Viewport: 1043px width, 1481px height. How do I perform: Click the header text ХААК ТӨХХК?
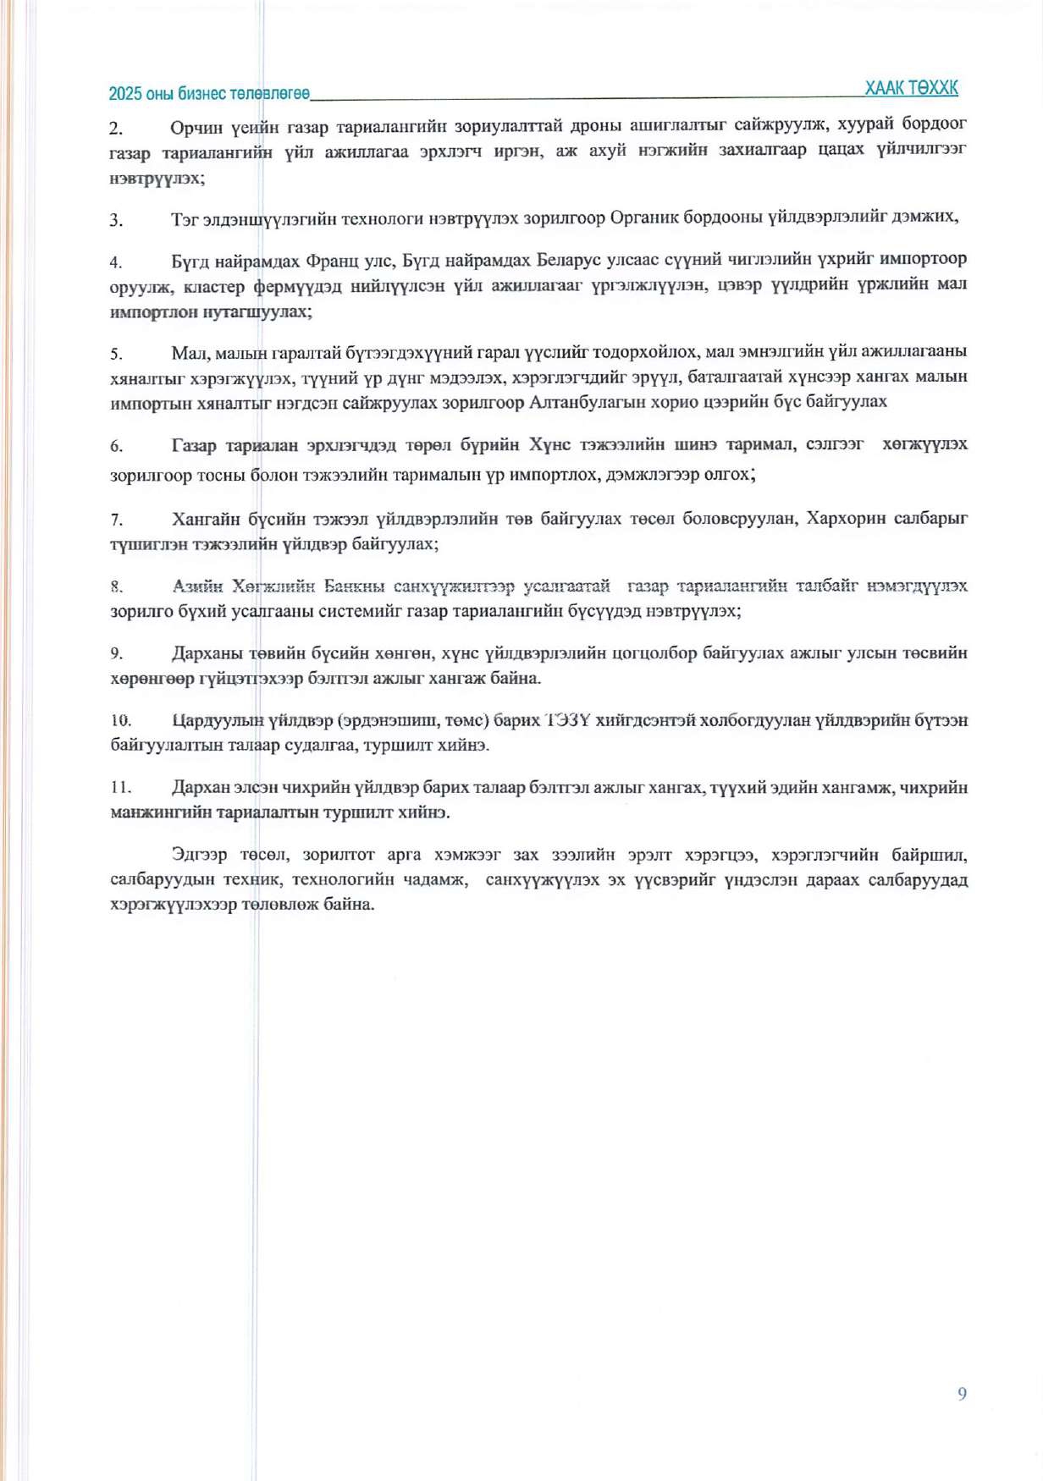pyautogui.click(x=911, y=88)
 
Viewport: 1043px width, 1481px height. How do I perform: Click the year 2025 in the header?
pyautogui.click(x=125, y=94)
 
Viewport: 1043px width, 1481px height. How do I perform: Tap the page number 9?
pyautogui.click(x=962, y=1394)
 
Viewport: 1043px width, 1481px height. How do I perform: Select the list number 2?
pyautogui.click(x=116, y=129)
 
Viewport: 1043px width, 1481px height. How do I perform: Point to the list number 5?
pyautogui.click(x=116, y=354)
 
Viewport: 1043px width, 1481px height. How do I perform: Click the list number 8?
pyautogui.click(x=116, y=586)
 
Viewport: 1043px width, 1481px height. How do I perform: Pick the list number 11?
pyautogui.click(x=120, y=788)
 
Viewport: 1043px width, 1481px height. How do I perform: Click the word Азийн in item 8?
pyautogui.click(x=197, y=586)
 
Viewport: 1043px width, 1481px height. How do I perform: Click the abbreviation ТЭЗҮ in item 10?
pyautogui.click(x=568, y=720)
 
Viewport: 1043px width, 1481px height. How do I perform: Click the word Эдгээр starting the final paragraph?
pyautogui.click(x=199, y=855)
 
